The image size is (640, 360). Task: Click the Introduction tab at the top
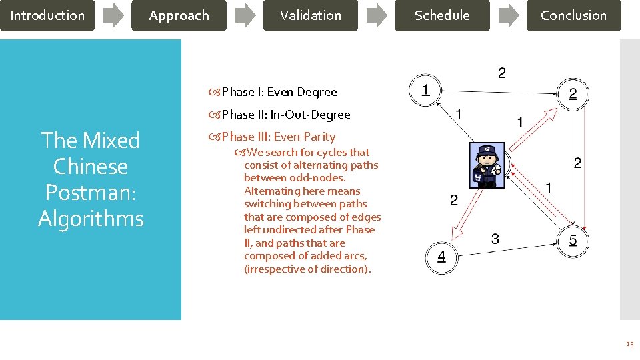tap(47, 15)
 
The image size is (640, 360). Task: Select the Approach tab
tap(179, 15)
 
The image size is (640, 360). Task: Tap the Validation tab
tap(310, 15)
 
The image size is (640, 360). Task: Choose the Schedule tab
tap(441, 15)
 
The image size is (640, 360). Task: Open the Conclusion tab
tap(573, 15)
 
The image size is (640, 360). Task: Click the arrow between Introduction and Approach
tap(113, 15)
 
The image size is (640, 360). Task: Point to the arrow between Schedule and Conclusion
tap(508, 15)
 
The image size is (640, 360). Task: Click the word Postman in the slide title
tap(91, 192)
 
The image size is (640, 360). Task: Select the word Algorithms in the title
tap(91, 218)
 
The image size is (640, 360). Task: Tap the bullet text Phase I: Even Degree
tap(279, 92)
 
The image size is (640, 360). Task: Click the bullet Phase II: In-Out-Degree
tap(285, 115)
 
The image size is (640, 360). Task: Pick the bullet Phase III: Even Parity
tap(278, 137)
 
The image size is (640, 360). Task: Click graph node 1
tap(425, 89)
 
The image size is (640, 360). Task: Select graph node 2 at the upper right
tap(573, 94)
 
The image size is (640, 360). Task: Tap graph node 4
tap(441, 257)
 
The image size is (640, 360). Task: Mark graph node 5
tap(573, 240)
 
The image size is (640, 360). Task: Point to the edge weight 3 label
tap(495, 238)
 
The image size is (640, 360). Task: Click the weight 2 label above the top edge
tap(501, 73)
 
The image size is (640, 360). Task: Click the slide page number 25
tap(629, 345)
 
